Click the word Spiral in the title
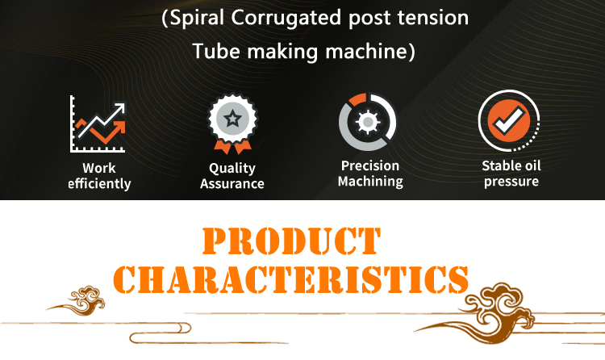196,18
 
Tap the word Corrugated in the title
286,18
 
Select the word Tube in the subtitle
216,51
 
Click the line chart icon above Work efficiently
98,123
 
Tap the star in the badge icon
232,118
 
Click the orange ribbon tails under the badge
232,147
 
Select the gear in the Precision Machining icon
368,122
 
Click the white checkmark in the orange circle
509,119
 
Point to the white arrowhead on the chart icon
120,109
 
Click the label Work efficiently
99,176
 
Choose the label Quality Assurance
232,176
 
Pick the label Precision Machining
370,174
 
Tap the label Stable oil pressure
511,174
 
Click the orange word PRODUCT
292,241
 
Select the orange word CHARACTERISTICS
291,279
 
